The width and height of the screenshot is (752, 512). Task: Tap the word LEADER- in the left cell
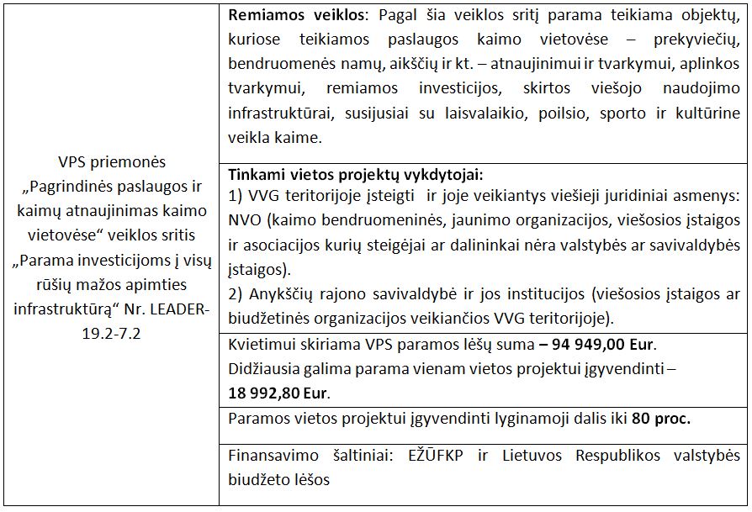coord(177,309)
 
